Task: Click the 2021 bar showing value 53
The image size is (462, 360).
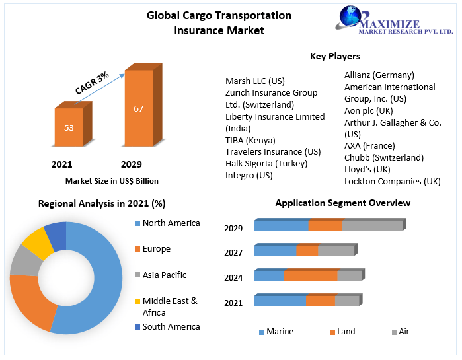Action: [x=69, y=127]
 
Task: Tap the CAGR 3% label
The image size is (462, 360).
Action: [x=92, y=84]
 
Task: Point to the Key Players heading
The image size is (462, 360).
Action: [x=335, y=57]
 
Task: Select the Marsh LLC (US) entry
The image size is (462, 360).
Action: [x=255, y=81]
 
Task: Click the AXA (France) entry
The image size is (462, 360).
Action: [x=369, y=145]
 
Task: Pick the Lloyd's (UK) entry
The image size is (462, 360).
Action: [x=367, y=169]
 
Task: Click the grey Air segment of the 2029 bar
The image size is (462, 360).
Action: [x=372, y=225]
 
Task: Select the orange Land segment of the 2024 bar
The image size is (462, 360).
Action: [x=311, y=275]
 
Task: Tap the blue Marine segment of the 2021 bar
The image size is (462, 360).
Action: [x=280, y=301]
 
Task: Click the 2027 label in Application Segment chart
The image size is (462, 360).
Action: [x=233, y=252]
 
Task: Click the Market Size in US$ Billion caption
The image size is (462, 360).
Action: [x=112, y=180]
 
